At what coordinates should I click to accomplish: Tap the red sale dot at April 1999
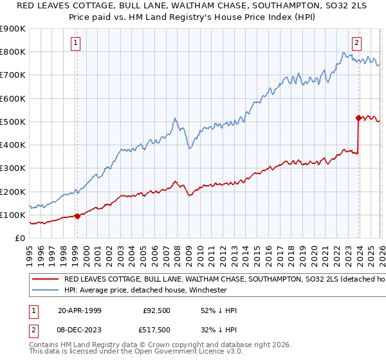(77, 216)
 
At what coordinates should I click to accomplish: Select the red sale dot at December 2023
(358, 118)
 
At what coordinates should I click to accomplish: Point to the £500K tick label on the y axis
(13, 122)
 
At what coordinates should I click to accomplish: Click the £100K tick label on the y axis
(13, 215)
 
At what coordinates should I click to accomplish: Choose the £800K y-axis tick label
(13, 51)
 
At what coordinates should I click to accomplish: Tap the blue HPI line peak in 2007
(174, 118)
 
